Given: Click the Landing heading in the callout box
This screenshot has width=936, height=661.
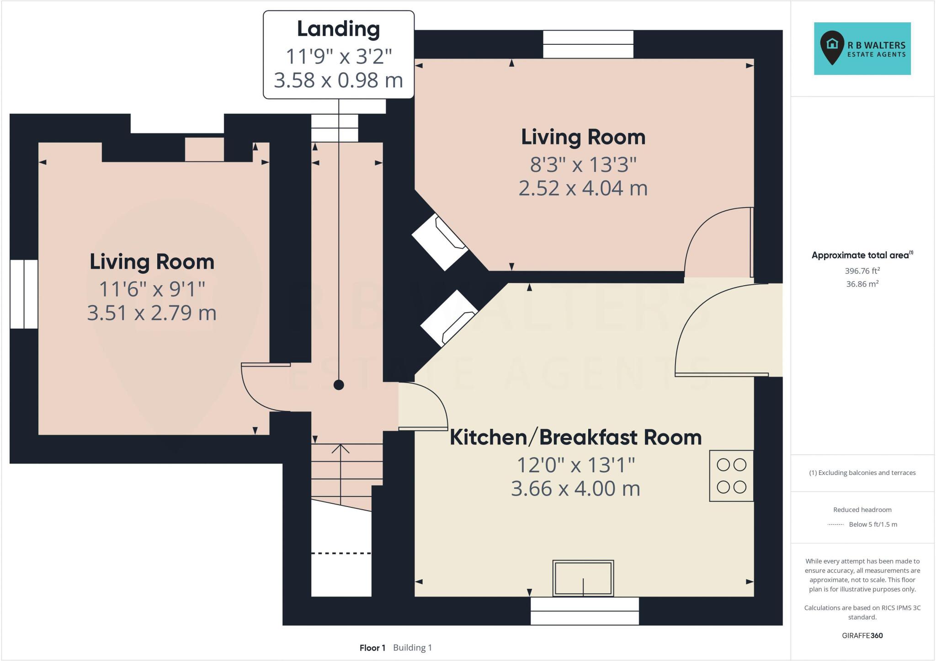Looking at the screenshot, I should tap(338, 29).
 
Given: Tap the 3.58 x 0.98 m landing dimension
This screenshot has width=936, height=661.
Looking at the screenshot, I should tap(338, 80).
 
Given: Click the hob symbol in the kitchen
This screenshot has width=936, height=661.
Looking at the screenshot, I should tap(731, 476).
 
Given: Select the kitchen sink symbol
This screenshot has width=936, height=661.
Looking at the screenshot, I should tap(583, 578).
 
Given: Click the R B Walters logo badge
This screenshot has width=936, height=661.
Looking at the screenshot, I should tap(862, 48).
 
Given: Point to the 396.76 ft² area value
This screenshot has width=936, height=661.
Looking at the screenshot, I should tap(862, 271).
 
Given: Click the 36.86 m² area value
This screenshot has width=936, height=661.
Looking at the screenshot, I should tap(862, 284).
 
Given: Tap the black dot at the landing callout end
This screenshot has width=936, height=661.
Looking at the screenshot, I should tap(339, 385).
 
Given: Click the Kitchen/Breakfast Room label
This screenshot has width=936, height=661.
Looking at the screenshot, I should tap(575, 437).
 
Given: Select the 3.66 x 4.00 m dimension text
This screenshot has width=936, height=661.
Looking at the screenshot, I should tap(575, 489).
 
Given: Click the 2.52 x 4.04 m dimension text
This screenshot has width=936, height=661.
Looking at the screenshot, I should tap(583, 188).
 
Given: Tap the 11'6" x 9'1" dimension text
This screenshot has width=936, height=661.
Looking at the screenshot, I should tap(152, 289).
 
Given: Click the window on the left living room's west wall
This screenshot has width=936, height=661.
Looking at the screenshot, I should tap(24, 294).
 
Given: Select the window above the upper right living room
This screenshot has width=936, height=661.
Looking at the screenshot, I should tap(588, 44).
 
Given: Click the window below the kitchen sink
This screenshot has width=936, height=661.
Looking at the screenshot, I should tap(584, 611).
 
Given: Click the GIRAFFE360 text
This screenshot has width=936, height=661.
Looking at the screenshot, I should tap(862, 635).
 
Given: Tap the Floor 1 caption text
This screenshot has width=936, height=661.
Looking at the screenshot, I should tap(372, 648).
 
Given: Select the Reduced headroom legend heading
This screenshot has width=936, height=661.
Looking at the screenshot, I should tap(862, 510).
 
